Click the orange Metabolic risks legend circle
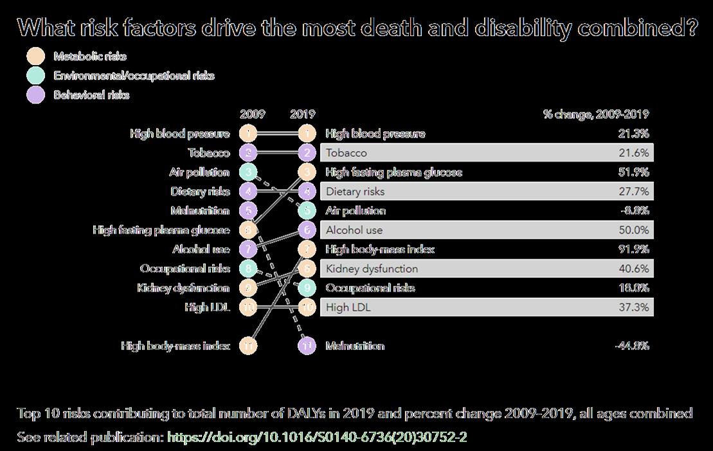[37, 57]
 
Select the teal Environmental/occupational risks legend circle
[37, 76]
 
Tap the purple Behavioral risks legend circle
[37, 95]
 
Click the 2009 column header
[252, 115]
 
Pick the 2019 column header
[303, 115]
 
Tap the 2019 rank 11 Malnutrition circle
[307, 346]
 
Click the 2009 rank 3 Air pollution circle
[248, 172]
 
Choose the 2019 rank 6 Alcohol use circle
[307, 230]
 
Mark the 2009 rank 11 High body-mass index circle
[248, 346]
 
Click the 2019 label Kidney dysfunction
[372, 269]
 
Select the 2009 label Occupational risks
[185, 269]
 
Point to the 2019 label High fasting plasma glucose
[393, 172]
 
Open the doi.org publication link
[316, 437]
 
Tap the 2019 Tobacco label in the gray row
[347, 153]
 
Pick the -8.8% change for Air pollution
[635, 211]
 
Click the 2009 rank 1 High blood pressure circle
[248, 134]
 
